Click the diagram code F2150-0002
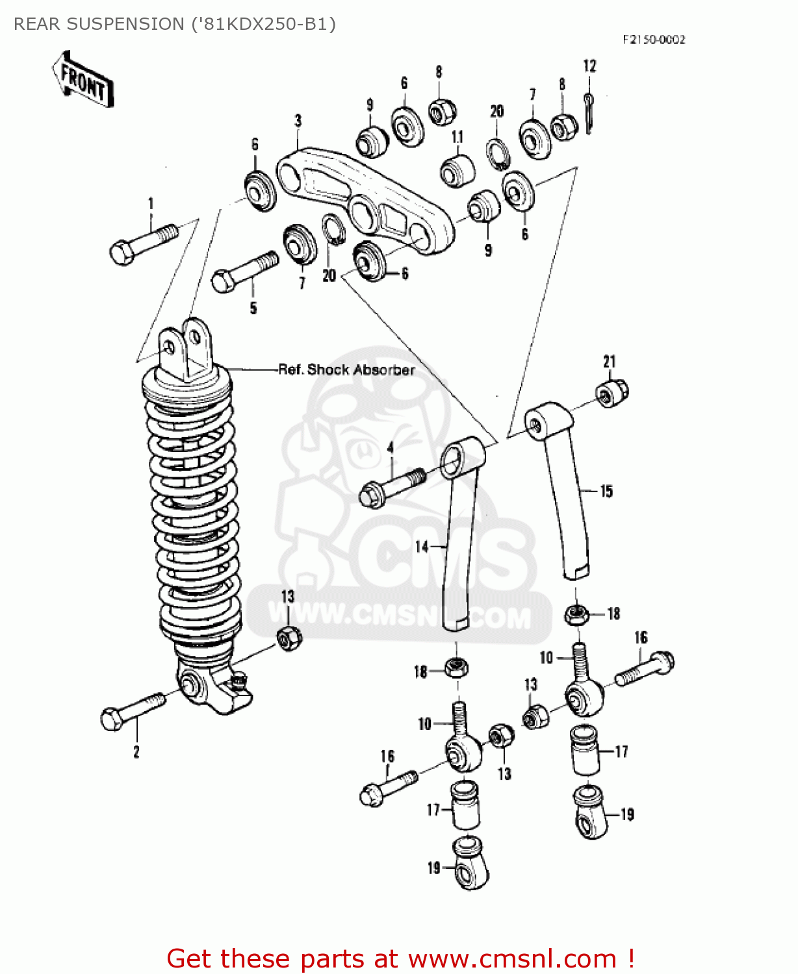pyautogui.click(x=653, y=40)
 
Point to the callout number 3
pyautogui.click(x=298, y=120)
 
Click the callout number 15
pyautogui.click(x=606, y=491)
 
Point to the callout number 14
pyautogui.click(x=422, y=547)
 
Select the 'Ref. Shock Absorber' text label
pyautogui.click(x=346, y=369)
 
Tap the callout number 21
pyautogui.click(x=609, y=361)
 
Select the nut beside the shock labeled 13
pyautogui.click(x=289, y=638)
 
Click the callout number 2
pyautogui.click(x=136, y=752)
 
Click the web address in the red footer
pyautogui.click(x=512, y=958)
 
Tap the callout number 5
pyautogui.click(x=253, y=308)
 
